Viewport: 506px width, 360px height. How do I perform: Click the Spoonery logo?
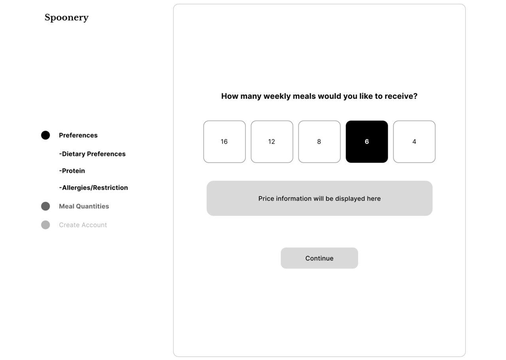[66, 17]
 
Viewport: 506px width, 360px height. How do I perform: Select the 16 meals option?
[224, 142]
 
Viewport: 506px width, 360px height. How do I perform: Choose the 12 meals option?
[272, 142]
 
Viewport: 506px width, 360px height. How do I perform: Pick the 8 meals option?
[319, 142]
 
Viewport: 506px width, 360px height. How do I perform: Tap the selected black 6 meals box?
[366, 142]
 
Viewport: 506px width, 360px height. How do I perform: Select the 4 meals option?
[414, 142]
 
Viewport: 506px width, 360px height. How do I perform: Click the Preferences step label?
[78, 135]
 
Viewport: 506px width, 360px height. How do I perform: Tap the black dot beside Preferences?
[45, 135]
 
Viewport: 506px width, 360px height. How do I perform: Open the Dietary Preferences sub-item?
[92, 154]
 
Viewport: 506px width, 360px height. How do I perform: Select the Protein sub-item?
[72, 171]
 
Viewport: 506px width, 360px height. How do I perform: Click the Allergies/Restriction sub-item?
[93, 188]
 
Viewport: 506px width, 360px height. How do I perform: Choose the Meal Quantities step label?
[84, 206]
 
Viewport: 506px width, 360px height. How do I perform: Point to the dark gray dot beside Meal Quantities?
[45, 206]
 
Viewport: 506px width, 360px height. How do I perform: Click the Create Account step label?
[83, 225]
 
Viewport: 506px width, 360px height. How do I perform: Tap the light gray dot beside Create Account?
[45, 225]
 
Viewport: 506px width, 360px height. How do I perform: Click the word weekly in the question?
[277, 96]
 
